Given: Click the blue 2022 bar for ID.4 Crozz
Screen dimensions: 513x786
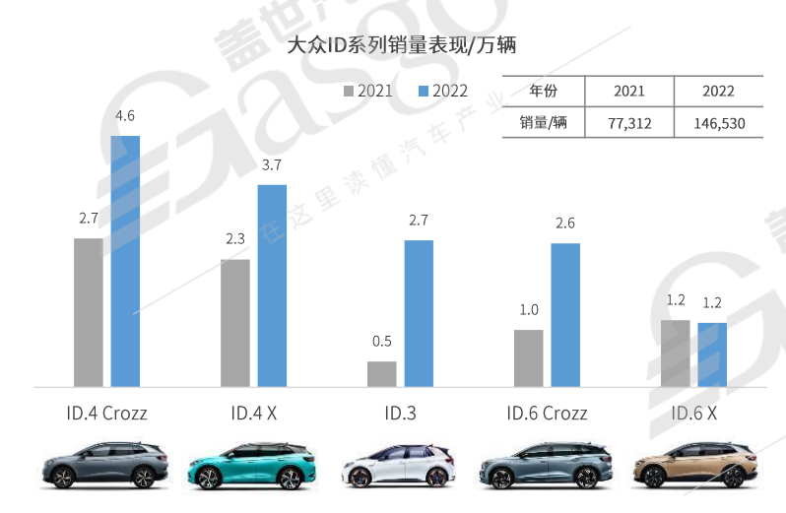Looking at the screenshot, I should click(125, 261).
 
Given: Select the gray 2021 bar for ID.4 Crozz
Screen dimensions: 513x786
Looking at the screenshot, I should click(89, 312).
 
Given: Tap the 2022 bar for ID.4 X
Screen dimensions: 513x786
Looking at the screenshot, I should click(272, 286).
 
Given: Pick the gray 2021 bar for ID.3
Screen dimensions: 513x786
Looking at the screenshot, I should click(382, 374).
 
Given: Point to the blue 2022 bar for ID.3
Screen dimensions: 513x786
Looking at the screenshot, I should click(419, 313).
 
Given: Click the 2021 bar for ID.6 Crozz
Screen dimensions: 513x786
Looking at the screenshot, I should click(529, 357).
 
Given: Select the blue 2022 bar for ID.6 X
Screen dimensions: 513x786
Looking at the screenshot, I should click(712, 354).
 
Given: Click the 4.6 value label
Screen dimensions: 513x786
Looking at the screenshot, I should click(125, 116).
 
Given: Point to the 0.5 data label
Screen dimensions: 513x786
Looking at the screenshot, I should click(382, 342).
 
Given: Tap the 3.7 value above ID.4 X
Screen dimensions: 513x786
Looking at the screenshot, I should click(272, 164).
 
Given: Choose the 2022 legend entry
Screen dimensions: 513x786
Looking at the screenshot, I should click(442, 91).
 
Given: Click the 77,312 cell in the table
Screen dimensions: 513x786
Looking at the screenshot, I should click(628, 123).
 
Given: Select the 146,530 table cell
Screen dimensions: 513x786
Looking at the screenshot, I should click(718, 123).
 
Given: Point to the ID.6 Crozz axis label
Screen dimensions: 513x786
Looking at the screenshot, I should click(547, 413).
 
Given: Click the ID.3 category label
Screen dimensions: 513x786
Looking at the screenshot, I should click(400, 413).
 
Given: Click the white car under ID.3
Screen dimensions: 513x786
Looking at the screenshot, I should click(399, 466).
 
